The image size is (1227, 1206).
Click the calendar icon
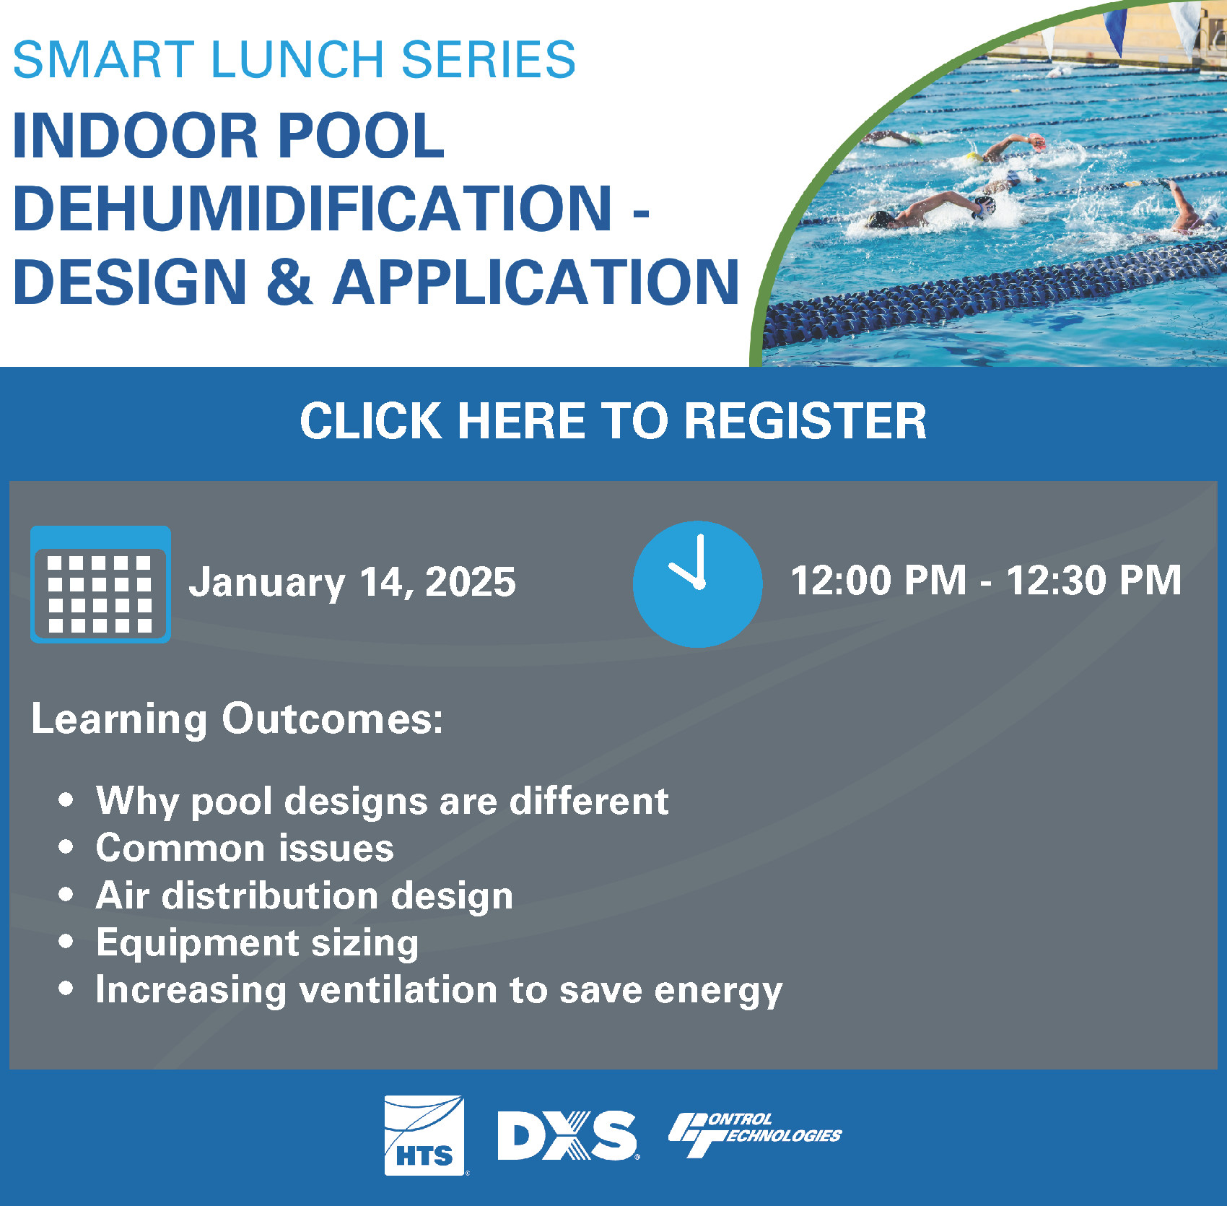pyautogui.click(x=100, y=584)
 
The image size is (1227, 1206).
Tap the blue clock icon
pyautogui.click(x=697, y=584)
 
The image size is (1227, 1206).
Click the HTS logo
pyautogui.click(x=424, y=1135)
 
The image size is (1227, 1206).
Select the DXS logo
pyautogui.click(x=567, y=1135)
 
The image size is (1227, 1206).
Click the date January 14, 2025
pyautogui.click(x=352, y=582)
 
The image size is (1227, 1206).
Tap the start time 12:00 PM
pyautogui.click(x=878, y=580)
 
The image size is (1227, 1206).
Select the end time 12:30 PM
pyautogui.click(x=1093, y=580)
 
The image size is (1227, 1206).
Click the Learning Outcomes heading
pyautogui.click(x=237, y=719)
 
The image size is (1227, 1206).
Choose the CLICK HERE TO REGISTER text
pyautogui.click(x=613, y=421)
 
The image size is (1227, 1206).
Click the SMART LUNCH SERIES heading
pyautogui.click(x=294, y=60)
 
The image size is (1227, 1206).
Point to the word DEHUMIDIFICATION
pyautogui.click(x=313, y=209)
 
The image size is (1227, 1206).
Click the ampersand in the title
pyautogui.click(x=289, y=282)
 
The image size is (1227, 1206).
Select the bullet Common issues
pyautogui.click(x=245, y=848)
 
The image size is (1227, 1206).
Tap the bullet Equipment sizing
pyautogui.click(x=257, y=943)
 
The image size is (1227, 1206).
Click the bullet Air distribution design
pyautogui.click(x=304, y=895)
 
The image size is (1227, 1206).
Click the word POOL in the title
pyautogui.click(x=361, y=136)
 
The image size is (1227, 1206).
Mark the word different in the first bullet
pyautogui.click(x=589, y=801)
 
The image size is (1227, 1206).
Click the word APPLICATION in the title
pyautogui.click(x=536, y=282)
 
